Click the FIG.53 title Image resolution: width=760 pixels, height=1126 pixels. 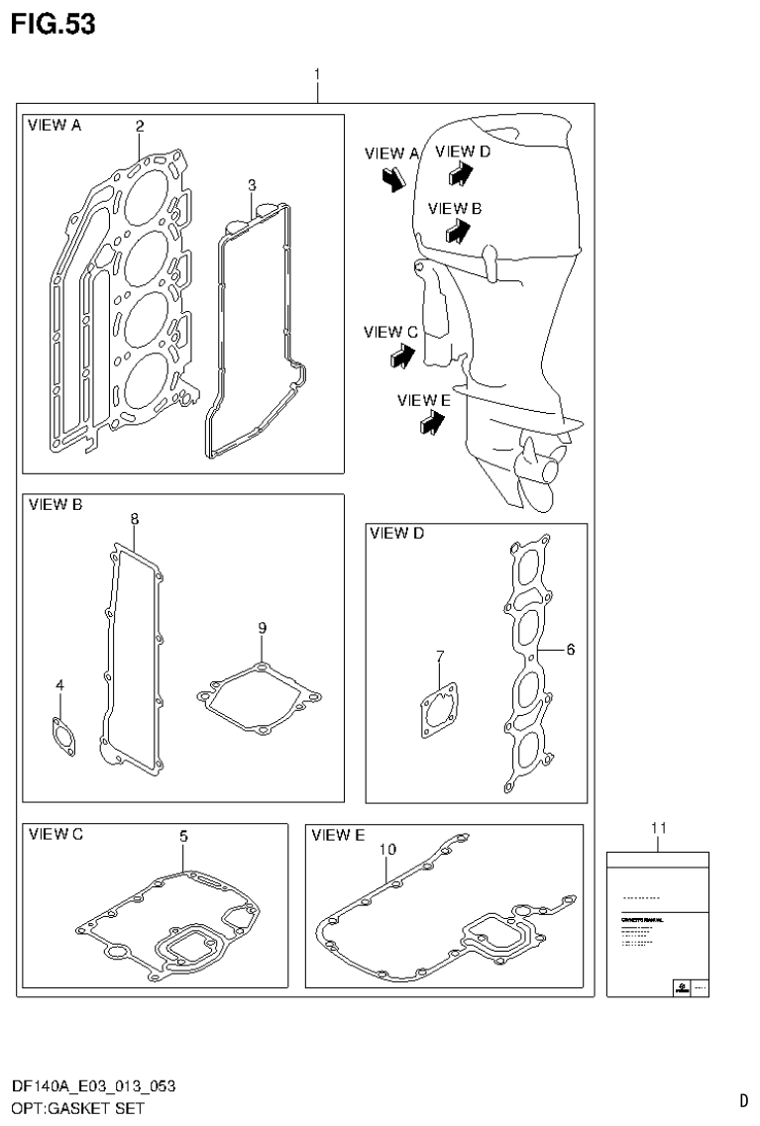53,24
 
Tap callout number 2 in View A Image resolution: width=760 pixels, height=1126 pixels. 140,126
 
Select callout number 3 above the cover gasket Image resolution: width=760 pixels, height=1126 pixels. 252,185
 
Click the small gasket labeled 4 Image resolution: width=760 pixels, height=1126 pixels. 60,737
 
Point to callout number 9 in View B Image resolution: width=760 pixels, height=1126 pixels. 262,628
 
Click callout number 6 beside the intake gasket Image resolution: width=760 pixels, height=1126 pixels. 570,650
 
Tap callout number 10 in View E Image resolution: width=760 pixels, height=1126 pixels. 386,850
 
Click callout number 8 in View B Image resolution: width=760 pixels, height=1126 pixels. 134,518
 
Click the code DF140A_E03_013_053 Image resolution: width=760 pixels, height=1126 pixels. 94,1086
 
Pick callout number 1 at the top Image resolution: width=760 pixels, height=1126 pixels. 316,74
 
